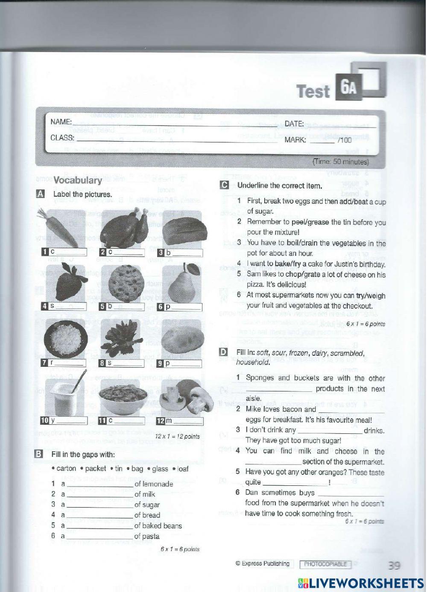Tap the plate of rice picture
tap(66, 339)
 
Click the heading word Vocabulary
tap(78, 180)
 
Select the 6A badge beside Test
tap(349, 87)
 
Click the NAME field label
tap(61, 122)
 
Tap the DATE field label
tap(294, 124)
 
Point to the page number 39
tap(394, 566)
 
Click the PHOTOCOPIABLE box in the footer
tap(325, 564)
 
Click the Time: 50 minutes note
tap(340, 162)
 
